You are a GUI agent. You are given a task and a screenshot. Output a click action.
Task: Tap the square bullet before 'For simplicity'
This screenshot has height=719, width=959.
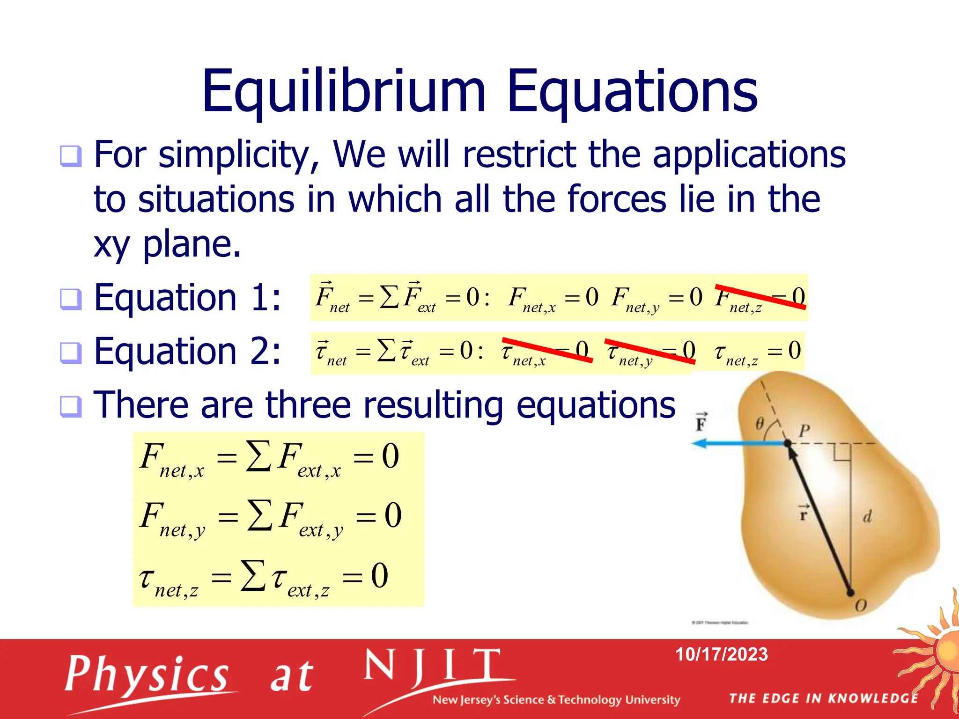click(x=71, y=156)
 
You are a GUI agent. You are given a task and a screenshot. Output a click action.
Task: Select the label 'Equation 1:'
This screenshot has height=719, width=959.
click(x=187, y=298)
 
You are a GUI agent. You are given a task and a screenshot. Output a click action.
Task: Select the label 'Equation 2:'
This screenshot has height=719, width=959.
click(x=187, y=351)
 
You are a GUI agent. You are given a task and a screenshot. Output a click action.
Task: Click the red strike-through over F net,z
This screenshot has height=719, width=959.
click(x=760, y=297)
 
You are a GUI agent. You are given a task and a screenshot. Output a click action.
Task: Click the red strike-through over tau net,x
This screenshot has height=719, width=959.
click(x=547, y=350)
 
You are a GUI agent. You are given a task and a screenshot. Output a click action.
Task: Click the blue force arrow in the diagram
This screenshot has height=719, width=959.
click(x=740, y=443)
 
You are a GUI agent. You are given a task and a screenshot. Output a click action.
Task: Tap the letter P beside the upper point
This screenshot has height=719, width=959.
click(x=804, y=430)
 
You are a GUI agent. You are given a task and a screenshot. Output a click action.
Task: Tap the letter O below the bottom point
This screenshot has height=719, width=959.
click(x=861, y=606)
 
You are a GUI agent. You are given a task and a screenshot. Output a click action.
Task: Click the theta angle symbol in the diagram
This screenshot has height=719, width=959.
click(x=760, y=424)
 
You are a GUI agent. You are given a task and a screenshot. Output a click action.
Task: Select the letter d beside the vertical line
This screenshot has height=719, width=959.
click(x=867, y=517)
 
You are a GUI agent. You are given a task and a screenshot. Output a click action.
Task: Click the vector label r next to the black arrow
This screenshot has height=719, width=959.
click(x=804, y=514)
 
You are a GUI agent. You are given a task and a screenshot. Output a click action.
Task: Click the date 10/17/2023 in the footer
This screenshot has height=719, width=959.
click(x=721, y=654)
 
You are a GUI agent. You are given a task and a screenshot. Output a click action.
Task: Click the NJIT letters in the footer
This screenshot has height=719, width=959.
click(x=433, y=667)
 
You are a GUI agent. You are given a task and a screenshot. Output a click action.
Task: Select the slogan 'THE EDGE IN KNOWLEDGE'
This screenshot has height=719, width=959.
click(x=823, y=698)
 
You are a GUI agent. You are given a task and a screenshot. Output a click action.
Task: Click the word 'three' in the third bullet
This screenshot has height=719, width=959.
click(x=308, y=405)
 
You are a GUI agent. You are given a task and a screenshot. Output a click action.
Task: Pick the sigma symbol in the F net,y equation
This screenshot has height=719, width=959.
click(x=259, y=515)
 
